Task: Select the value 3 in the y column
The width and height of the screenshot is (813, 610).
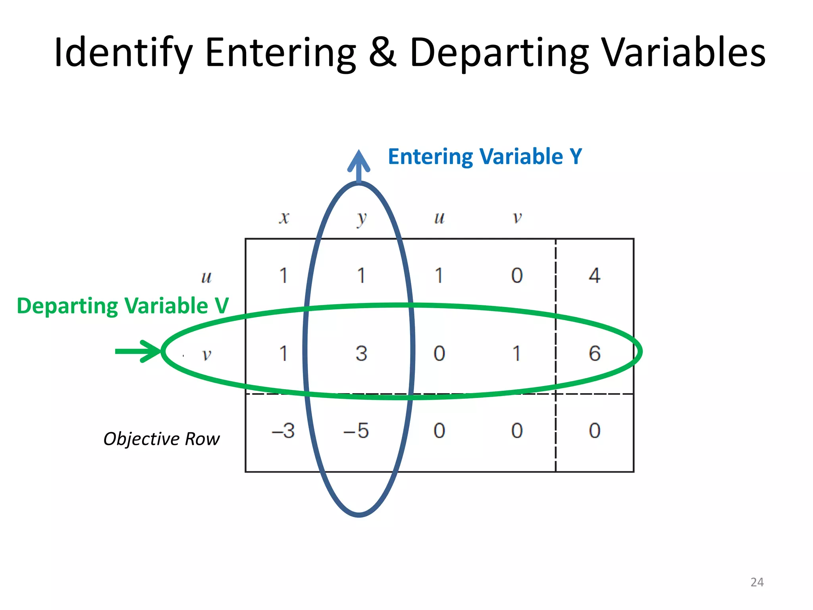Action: [x=361, y=353]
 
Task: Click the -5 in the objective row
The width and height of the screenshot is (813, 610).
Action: [x=356, y=430]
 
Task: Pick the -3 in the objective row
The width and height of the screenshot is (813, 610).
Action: [x=283, y=430]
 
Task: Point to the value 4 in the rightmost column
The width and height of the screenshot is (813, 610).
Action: [x=594, y=276]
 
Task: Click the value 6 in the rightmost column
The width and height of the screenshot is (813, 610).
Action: [x=594, y=353]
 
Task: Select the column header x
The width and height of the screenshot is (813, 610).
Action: [x=284, y=218]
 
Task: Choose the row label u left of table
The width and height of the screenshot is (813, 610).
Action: [x=206, y=277]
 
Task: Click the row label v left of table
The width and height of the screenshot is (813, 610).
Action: [x=206, y=354]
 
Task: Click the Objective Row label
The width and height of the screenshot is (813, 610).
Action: [x=161, y=439]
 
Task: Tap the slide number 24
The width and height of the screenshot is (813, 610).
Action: [x=757, y=582]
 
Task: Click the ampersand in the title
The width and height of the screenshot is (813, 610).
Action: [x=383, y=52]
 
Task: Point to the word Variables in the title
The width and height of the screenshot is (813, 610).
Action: [x=684, y=52]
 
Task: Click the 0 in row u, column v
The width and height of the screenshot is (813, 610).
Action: [x=517, y=276]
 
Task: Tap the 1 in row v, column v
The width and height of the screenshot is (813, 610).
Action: [x=516, y=353]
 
